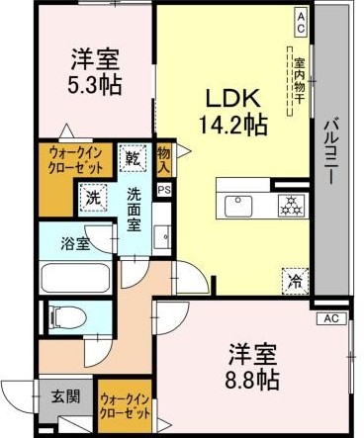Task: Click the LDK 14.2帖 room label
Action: pos(234,110)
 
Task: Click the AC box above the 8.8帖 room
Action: pos(330,317)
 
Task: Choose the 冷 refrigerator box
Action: pos(294,280)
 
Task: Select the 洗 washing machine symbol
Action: pos(92,197)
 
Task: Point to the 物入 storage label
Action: pos(163,158)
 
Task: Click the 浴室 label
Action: pos(74,242)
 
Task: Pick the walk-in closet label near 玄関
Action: pos(126,405)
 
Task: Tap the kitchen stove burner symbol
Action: pos(291,206)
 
